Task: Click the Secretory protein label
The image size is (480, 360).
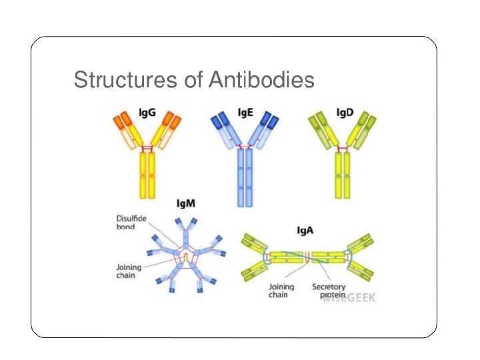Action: (329, 291)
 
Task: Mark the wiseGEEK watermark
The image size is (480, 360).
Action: (349, 298)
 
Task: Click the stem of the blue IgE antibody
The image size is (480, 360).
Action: (245, 177)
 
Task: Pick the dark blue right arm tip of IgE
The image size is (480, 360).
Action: (269, 120)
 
